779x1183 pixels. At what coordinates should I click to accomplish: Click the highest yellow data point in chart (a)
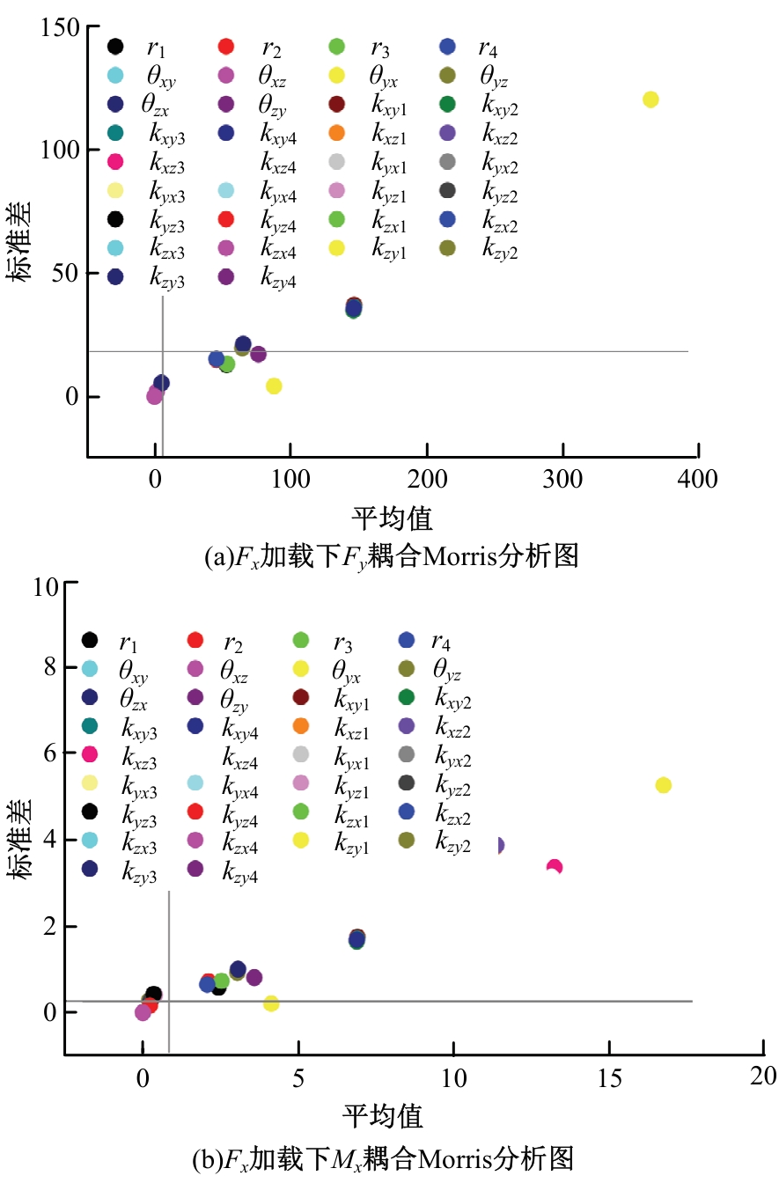(x=650, y=99)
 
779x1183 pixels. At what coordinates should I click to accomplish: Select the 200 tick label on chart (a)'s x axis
(x=427, y=479)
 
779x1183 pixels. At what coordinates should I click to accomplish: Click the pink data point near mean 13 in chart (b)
(x=555, y=867)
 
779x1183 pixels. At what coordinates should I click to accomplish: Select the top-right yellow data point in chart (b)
(x=664, y=784)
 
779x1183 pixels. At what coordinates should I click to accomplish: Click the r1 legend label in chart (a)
(x=156, y=48)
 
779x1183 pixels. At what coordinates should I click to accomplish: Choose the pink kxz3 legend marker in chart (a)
(x=114, y=162)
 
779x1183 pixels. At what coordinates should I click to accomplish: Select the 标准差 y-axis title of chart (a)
(x=21, y=239)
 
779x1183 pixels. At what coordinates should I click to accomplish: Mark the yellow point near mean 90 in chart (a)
(x=274, y=386)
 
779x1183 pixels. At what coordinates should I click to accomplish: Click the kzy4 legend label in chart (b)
(x=240, y=871)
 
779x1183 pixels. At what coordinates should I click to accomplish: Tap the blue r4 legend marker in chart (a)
(x=447, y=47)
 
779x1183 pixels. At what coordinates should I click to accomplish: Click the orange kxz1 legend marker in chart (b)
(x=299, y=726)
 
